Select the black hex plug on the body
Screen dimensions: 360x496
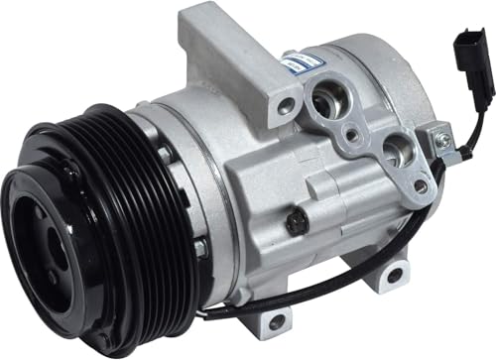click(294, 222)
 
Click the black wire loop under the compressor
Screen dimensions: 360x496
click(298, 298)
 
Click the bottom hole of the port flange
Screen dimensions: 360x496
click(420, 185)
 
